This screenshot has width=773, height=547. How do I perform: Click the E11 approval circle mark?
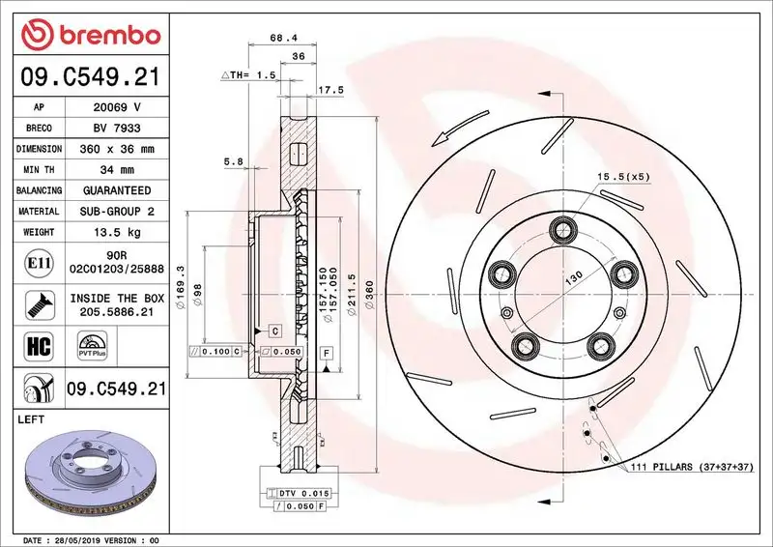[36, 260]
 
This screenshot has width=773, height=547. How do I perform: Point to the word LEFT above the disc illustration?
[34, 419]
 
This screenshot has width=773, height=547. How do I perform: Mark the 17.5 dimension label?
[332, 91]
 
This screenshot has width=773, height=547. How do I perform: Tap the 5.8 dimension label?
[233, 162]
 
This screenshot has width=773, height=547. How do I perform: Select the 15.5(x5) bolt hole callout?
[623, 176]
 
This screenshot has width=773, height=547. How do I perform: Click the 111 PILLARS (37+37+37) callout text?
[691, 468]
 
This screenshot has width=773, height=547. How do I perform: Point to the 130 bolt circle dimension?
[574, 277]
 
